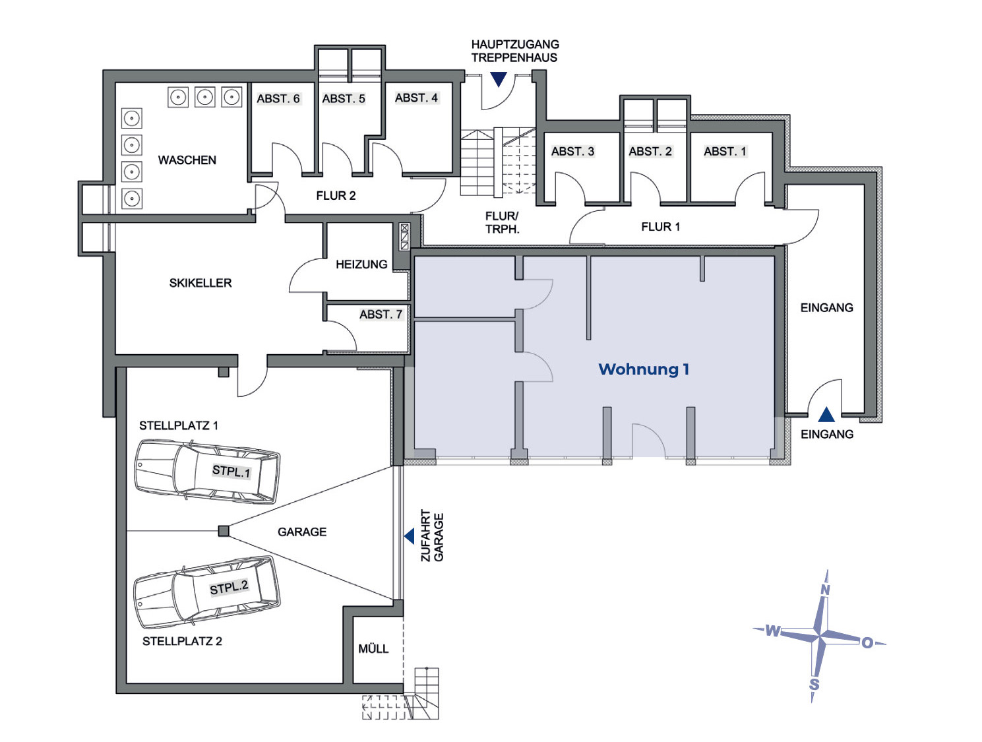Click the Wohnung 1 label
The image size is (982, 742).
644,369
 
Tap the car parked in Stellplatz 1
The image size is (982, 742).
206,472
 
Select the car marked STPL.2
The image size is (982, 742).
206,592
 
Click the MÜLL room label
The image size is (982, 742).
373,649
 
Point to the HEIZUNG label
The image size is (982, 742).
361,264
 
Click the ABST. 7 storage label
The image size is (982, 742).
381,315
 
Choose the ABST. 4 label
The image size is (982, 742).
416,98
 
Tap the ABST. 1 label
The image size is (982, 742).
725,152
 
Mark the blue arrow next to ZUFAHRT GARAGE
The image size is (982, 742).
410,536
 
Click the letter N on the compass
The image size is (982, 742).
824,590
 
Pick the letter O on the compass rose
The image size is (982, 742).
867,642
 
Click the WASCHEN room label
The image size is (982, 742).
187,160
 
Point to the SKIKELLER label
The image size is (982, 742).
200,283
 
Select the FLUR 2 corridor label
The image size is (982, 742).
336,196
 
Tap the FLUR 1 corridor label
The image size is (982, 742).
660,227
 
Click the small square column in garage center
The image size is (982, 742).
224,531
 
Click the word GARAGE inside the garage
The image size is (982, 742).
302,532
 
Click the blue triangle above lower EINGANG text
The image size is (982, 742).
826,415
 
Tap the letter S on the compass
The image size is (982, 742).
814,684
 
